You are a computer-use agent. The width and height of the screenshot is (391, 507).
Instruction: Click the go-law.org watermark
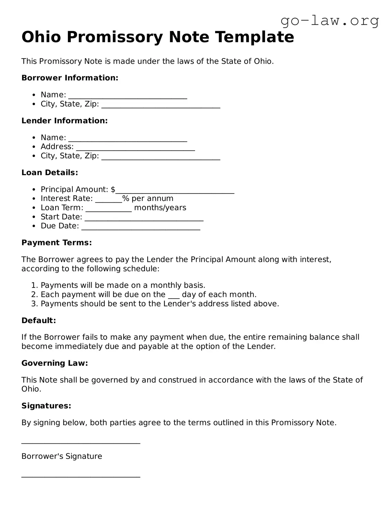click(x=330, y=21)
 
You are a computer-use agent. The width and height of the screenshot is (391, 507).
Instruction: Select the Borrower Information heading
click(x=70, y=78)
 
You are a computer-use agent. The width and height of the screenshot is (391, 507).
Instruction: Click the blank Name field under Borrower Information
click(x=128, y=96)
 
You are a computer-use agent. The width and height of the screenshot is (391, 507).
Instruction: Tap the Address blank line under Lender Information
click(x=135, y=147)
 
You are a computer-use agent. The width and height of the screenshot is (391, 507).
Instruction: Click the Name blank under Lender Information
click(x=128, y=138)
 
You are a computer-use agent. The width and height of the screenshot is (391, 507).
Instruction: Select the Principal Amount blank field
click(x=175, y=190)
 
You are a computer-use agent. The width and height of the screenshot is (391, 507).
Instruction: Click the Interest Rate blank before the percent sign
click(x=109, y=199)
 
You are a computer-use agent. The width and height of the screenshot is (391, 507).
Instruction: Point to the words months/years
click(x=160, y=208)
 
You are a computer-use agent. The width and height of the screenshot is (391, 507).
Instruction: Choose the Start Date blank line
click(x=144, y=218)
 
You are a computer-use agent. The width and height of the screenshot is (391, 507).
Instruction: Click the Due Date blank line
click(x=141, y=227)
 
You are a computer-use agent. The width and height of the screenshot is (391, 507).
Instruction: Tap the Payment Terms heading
click(x=57, y=243)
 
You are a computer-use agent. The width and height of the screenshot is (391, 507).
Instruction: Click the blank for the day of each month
click(x=174, y=295)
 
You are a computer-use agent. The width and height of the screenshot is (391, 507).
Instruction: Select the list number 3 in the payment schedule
click(x=34, y=304)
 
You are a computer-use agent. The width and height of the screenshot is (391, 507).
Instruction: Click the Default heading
click(x=38, y=320)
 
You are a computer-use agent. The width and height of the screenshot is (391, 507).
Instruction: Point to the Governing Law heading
click(x=55, y=363)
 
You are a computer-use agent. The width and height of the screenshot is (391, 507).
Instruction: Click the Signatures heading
click(x=46, y=406)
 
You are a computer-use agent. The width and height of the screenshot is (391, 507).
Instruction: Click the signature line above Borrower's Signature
click(x=81, y=443)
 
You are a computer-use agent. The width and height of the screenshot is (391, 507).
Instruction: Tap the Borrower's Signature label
click(x=62, y=456)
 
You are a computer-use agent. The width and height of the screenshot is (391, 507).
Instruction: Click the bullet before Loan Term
click(x=34, y=208)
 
